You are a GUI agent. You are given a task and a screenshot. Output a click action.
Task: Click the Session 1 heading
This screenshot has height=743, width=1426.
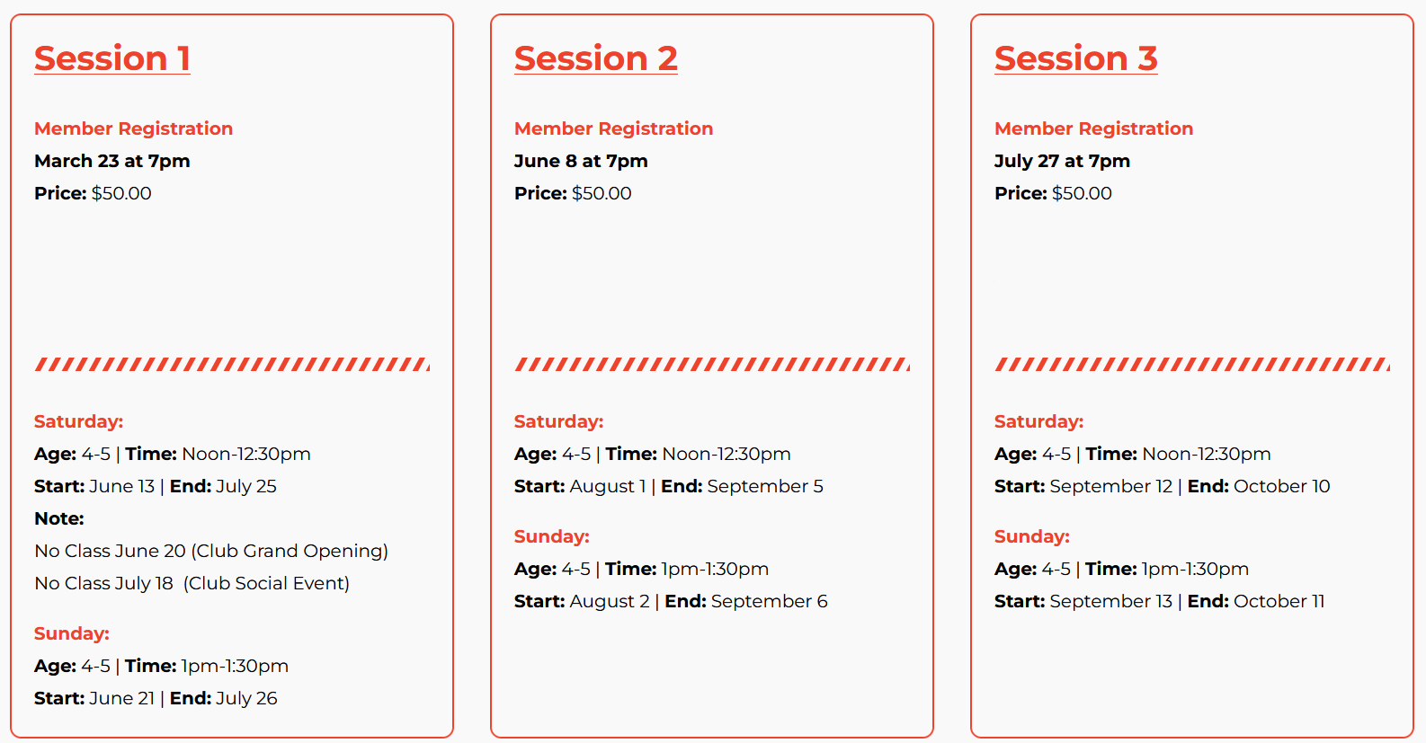tap(112, 58)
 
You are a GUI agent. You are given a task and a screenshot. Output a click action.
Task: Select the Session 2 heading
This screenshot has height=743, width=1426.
tap(596, 58)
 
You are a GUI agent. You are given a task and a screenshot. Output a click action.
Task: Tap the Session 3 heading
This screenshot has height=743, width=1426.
tap(1076, 58)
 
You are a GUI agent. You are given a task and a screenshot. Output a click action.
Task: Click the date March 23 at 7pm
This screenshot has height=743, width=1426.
tap(112, 161)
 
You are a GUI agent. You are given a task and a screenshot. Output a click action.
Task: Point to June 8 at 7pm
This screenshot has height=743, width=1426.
tap(581, 161)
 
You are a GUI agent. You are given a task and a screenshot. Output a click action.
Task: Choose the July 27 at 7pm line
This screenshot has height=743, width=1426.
tap(1062, 161)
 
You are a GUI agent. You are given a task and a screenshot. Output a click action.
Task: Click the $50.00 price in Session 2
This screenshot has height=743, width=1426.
tap(602, 193)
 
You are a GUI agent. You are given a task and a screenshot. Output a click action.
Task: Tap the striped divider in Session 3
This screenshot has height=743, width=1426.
tap(1192, 364)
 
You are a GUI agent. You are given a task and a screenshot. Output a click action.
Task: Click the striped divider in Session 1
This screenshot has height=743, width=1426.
tap(232, 364)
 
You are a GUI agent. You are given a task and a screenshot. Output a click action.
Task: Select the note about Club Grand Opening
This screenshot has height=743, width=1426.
tap(211, 551)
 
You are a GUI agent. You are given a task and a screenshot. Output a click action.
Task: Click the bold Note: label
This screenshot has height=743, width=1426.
tap(59, 518)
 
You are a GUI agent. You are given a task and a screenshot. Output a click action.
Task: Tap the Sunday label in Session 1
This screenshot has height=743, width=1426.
tap(72, 633)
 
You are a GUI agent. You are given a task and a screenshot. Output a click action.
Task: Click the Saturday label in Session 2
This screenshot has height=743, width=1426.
tap(559, 421)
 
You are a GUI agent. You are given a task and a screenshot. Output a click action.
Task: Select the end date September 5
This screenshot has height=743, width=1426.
tap(765, 487)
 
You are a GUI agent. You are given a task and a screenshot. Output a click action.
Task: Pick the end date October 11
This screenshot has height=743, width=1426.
tap(1279, 601)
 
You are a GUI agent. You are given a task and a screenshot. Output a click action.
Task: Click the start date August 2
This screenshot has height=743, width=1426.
tap(610, 601)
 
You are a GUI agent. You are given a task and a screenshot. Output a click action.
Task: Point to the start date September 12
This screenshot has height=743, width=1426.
tap(1111, 487)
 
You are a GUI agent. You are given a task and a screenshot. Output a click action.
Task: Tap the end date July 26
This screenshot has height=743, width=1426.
tap(246, 698)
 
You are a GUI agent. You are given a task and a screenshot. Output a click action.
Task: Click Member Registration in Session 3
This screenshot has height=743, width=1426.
tap(1093, 128)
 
